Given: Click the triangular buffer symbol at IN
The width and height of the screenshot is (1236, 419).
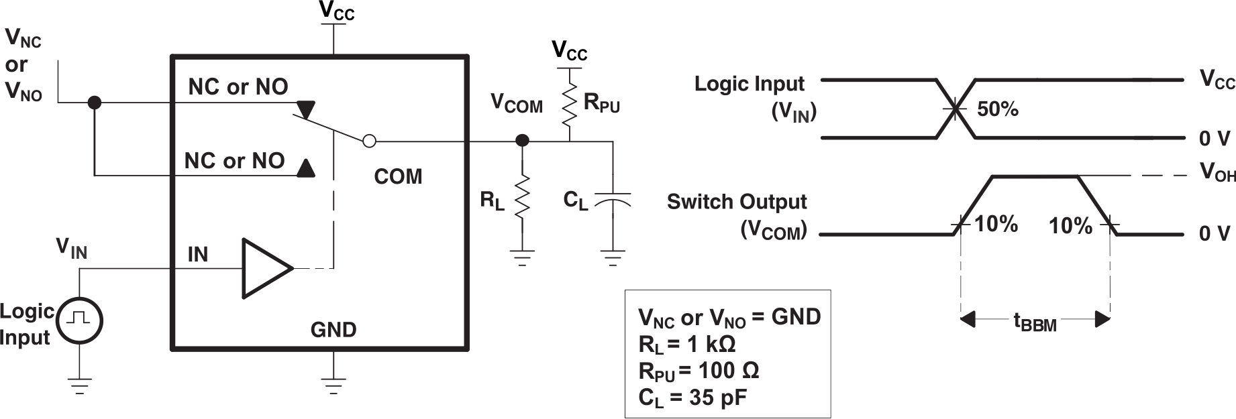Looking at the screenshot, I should [266, 268].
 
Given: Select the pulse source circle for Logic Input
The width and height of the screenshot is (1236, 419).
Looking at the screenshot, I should [79, 320].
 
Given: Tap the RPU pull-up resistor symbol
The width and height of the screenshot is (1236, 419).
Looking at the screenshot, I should [569, 105].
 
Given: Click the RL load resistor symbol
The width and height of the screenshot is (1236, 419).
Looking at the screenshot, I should [522, 197].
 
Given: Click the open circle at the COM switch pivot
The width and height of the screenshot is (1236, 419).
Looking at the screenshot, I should [369, 141].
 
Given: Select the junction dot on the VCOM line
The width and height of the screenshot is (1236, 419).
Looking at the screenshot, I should [522, 141].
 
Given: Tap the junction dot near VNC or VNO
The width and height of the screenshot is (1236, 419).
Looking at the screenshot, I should [95, 103].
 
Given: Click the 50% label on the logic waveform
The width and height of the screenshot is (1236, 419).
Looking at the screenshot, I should [997, 109].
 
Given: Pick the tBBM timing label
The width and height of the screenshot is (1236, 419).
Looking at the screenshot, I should [1035, 322].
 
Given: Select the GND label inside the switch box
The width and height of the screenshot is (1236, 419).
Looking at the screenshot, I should [333, 330].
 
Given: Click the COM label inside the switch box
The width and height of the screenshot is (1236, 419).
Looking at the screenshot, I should [398, 177].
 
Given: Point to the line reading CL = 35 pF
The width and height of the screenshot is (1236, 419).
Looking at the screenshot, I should [692, 398].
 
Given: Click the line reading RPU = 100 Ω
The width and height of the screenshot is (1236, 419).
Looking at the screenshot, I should [699, 371].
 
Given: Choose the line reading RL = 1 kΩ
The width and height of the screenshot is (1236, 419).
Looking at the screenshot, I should [687, 345].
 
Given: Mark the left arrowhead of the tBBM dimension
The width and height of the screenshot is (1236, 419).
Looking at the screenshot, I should [968, 319].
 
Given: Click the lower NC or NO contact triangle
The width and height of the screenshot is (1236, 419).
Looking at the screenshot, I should [305, 168].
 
